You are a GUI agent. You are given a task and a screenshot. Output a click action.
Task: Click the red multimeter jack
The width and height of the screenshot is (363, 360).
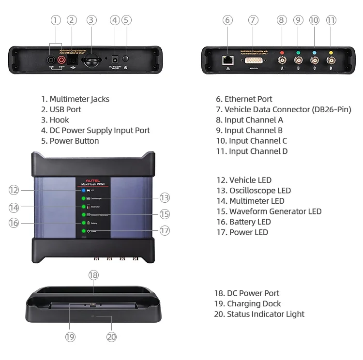point(62,60)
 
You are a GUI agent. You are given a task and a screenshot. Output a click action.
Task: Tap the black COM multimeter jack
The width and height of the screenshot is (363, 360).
point(51,60)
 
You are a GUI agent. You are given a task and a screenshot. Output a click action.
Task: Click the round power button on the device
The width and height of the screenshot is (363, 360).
point(126,59)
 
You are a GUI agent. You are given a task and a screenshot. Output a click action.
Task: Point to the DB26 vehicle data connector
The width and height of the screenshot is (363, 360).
point(254,60)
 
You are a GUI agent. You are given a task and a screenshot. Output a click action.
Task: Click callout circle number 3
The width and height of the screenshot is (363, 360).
point(92,20)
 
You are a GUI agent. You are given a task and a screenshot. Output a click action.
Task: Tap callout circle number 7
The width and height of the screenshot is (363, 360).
point(253,20)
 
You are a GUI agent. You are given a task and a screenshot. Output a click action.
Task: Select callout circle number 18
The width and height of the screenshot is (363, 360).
point(93,275)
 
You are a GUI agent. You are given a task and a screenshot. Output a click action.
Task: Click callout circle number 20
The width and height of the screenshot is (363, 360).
point(112,337)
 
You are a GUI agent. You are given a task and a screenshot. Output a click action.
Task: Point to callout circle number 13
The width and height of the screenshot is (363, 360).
point(165,197)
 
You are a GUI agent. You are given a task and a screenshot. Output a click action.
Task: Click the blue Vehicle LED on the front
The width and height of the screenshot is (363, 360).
point(84,191)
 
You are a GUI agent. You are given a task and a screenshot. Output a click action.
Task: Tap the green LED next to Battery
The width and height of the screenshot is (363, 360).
point(84,223)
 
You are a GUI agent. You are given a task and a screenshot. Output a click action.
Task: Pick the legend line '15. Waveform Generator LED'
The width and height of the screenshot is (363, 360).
point(269,211)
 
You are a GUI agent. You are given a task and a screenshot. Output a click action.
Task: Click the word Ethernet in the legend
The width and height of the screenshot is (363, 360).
point(242,99)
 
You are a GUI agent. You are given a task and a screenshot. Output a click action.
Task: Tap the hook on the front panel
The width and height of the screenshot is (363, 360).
point(91,60)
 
